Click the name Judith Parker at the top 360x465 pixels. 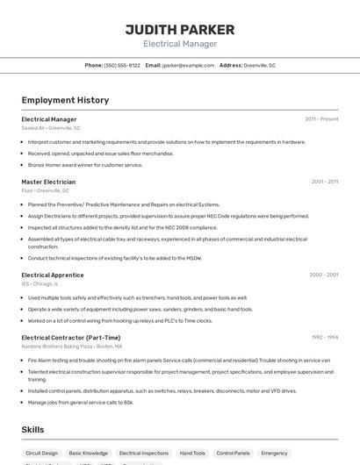[180, 30]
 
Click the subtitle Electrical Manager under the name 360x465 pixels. [180, 44]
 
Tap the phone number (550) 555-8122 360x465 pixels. [122, 65]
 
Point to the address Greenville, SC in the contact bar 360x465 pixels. [259, 65]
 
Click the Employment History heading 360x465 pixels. [65, 100]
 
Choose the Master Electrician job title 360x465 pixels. [48, 182]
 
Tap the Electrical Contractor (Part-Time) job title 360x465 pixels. [71, 337]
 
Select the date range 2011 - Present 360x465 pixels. [321, 118]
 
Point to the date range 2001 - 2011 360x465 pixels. [324, 182]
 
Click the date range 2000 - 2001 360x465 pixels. [323, 275]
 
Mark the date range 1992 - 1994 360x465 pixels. [324, 337]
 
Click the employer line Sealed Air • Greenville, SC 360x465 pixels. [51, 128]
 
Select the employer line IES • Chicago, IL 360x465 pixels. [40, 283]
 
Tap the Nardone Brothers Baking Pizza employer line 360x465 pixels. [72, 346]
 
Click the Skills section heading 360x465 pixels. [32, 430]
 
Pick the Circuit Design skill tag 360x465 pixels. [41, 454]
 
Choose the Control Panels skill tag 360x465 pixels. [233, 454]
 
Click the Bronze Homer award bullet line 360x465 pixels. [85, 165]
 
